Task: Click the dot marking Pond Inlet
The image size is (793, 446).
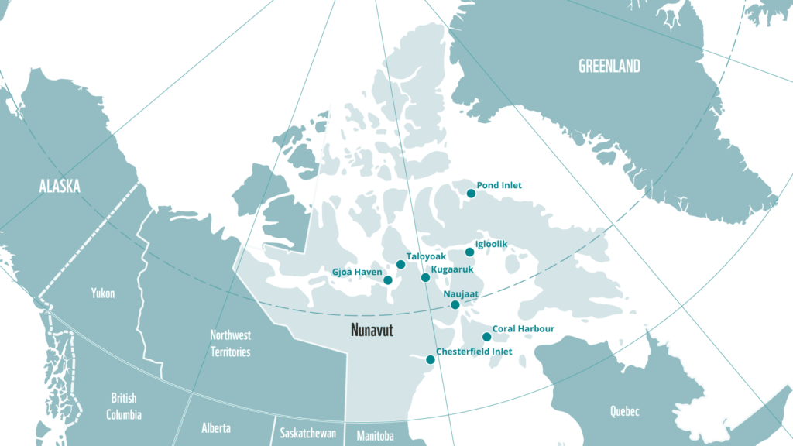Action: click(x=470, y=193)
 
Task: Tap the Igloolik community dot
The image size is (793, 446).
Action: click(x=469, y=252)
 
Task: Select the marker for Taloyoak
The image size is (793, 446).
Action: click(x=400, y=264)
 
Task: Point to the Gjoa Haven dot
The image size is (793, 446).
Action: click(x=388, y=280)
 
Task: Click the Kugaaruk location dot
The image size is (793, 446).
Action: click(x=424, y=277)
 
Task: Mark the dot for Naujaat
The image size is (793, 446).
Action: click(x=455, y=304)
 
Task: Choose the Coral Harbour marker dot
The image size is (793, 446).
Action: click(x=486, y=336)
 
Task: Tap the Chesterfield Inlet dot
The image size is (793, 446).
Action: click(x=431, y=359)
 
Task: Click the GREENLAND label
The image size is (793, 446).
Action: click(x=609, y=67)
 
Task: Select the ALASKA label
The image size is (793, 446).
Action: click(x=60, y=186)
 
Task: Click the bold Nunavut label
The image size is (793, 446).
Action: click(x=372, y=331)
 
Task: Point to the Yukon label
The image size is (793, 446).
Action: click(x=103, y=293)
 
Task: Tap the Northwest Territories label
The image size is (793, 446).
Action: click(x=230, y=343)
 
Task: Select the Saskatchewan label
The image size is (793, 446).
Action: click(x=307, y=433)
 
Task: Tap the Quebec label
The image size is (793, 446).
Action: click(x=624, y=411)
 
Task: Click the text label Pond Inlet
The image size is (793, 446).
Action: click(x=499, y=185)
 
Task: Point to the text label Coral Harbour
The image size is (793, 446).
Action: click(x=524, y=329)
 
